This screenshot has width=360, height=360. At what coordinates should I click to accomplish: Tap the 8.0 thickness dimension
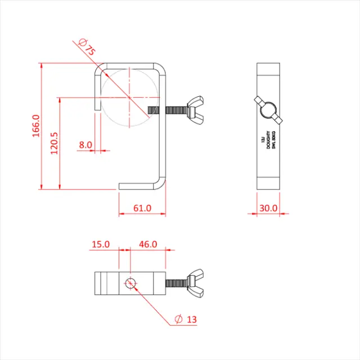tap(85, 145)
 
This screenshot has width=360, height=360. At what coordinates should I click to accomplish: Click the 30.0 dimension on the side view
tap(268, 208)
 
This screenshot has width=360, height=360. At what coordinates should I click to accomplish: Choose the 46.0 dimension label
tap(148, 245)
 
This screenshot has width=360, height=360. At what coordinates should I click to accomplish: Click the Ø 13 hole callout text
tap(186, 319)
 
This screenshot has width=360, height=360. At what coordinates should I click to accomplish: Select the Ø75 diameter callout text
tap(87, 48)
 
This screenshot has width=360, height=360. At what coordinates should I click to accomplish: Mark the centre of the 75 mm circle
tap(130, 97)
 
